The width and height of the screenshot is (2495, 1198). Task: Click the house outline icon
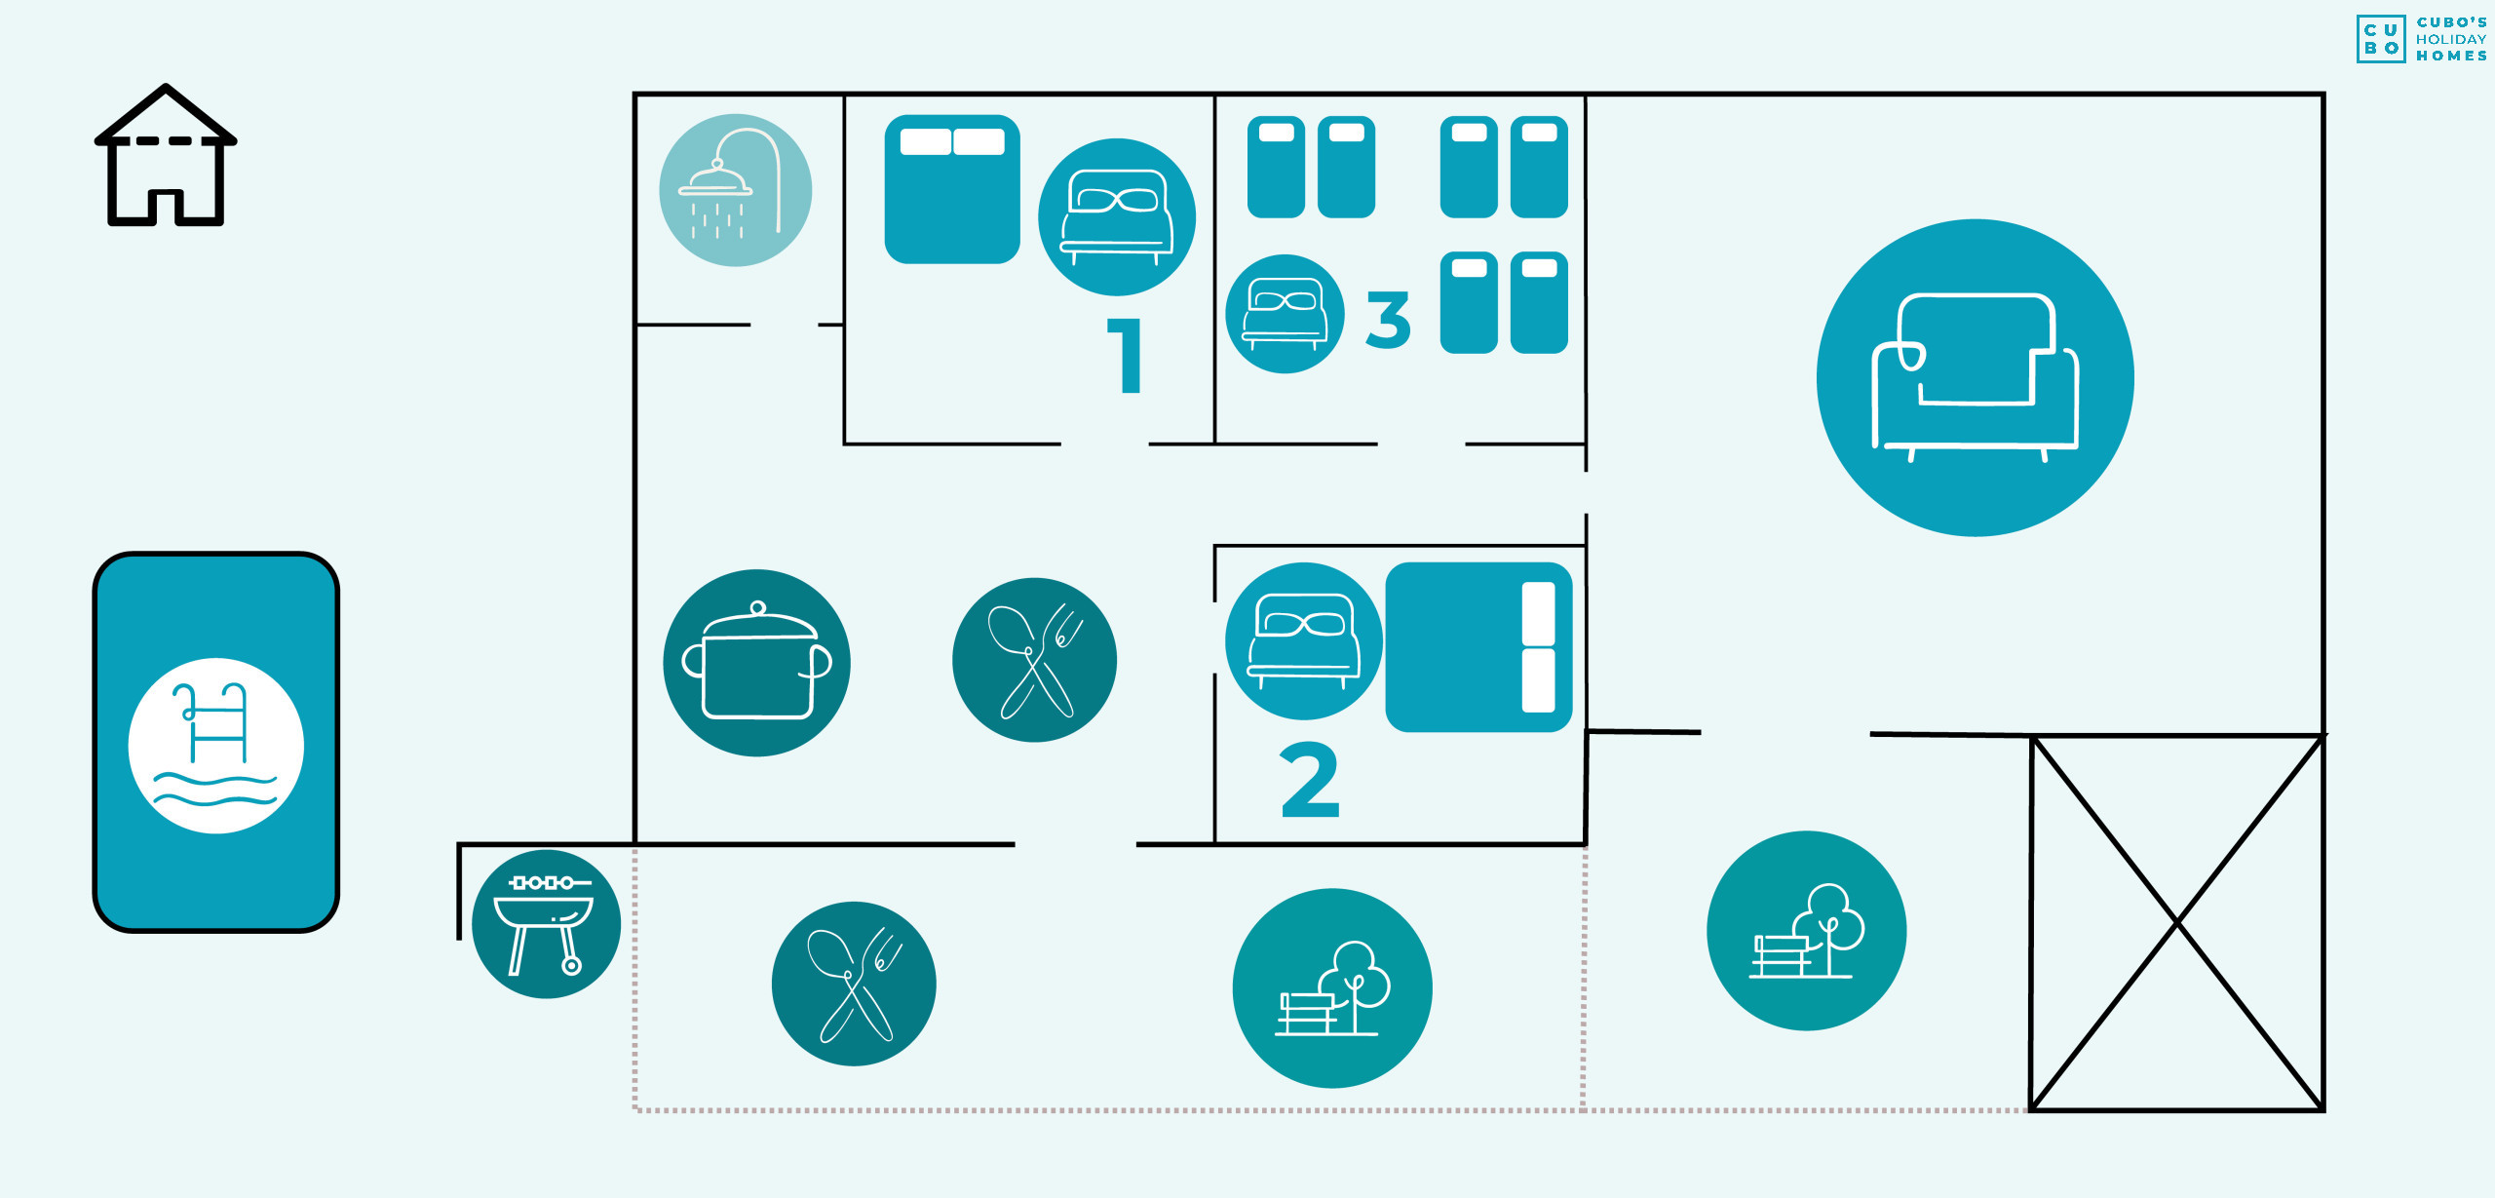[166, 156]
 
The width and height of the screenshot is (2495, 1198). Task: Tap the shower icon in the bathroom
[736, 190]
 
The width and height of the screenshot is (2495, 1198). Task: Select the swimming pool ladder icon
[216, 746]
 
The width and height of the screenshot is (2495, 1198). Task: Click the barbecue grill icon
[546, 924]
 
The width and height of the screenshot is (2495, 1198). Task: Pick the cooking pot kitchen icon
[756, 663]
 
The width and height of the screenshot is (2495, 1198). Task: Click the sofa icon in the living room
[1975, 378]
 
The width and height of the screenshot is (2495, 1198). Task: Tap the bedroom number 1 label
[1126, 356]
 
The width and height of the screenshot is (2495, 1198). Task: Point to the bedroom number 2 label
[1310, 780]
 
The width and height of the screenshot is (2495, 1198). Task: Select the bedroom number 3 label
[1388, 319]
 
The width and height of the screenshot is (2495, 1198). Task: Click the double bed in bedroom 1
[952, 189]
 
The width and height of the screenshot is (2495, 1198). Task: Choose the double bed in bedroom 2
[1478, 647]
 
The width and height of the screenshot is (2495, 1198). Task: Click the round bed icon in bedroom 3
[1285, 314]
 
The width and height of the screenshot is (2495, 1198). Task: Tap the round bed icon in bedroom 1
[1117, 217]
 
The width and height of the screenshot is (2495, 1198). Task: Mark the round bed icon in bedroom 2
[1303, 641]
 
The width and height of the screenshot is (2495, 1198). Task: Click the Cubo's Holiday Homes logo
[2421, 39]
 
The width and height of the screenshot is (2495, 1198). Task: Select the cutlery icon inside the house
[1034, 660]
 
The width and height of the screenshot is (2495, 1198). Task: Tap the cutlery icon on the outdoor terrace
[854, 984]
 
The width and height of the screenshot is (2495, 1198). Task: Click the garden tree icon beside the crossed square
[1806, 931]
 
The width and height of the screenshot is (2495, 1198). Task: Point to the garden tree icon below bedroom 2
[1332, 988]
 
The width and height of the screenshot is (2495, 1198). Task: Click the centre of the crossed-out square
[2177, 922]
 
